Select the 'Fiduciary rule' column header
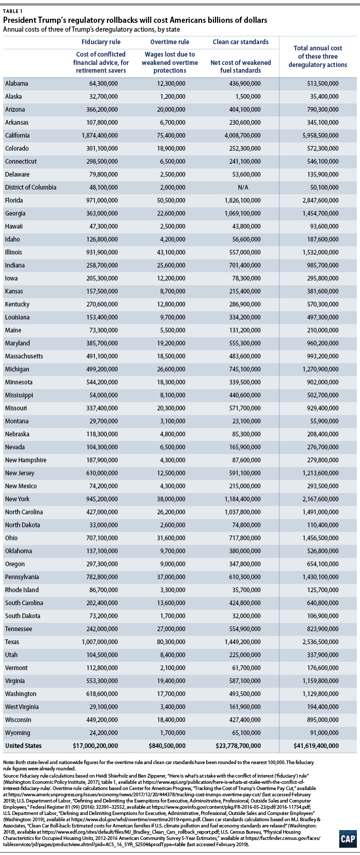(101, 42)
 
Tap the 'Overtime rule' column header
(169, 42)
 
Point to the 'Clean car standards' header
(241, 42)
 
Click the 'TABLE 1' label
(12, 11)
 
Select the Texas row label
(12, 642)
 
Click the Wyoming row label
(17, 733)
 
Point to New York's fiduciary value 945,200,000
(102, 499)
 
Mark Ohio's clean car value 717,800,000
(245, 538)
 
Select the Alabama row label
(17, 84)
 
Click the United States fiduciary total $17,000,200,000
(96, 746)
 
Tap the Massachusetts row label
(24, 356)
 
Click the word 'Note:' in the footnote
(9, 762)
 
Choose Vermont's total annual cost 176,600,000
(323, 668)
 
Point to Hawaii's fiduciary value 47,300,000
(104, 226)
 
